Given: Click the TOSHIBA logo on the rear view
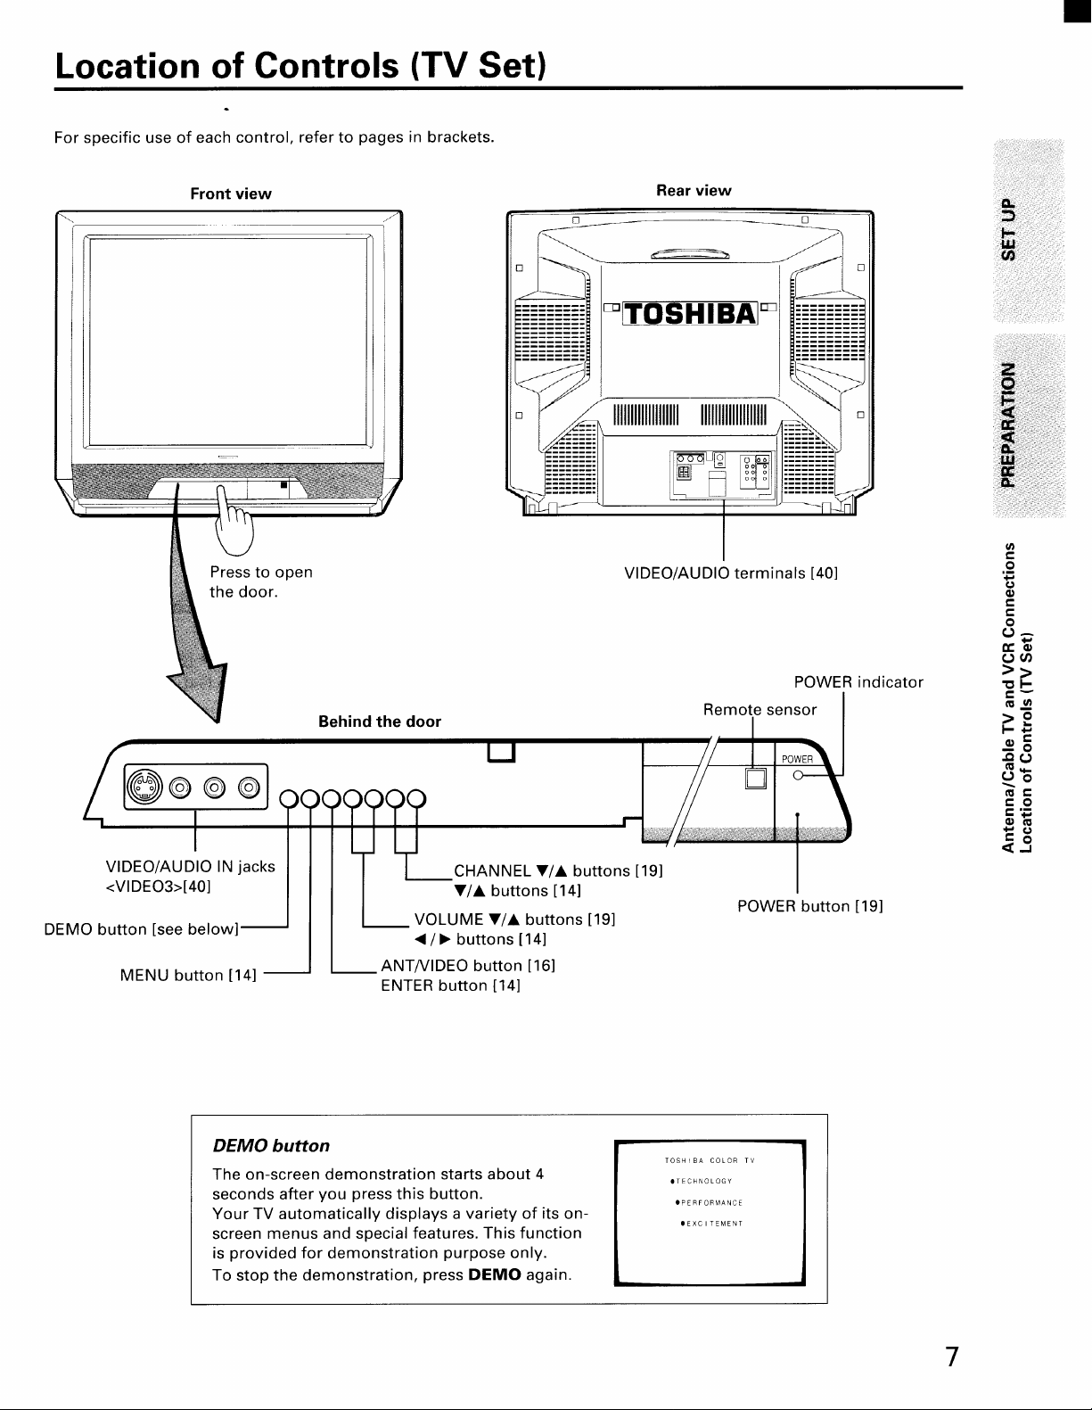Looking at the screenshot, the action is click(690, 314).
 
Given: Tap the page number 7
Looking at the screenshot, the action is click(951, 1356).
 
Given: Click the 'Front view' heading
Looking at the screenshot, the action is click(231, 194).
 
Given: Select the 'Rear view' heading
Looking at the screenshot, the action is click(694, 190).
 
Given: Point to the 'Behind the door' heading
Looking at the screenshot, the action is click(380, 721).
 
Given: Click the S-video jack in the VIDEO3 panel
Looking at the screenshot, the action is click(144, 787).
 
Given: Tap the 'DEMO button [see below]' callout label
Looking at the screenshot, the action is click(142, 929).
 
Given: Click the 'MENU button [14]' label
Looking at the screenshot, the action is click(188, 976).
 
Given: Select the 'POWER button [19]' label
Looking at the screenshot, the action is click(810, 906).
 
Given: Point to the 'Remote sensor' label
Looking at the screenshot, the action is click(760, 709).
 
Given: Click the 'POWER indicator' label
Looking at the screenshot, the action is click(858, 682).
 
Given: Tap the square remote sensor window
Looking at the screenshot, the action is click(755, 778).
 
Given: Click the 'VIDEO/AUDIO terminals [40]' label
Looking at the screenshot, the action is click(731, 573).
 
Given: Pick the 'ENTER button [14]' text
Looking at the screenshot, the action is click(451, 985).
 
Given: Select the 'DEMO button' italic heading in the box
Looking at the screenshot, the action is click(271, 1145).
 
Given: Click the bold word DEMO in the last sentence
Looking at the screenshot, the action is click(494, 1274).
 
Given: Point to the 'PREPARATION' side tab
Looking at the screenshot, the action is click(1009, 425).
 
